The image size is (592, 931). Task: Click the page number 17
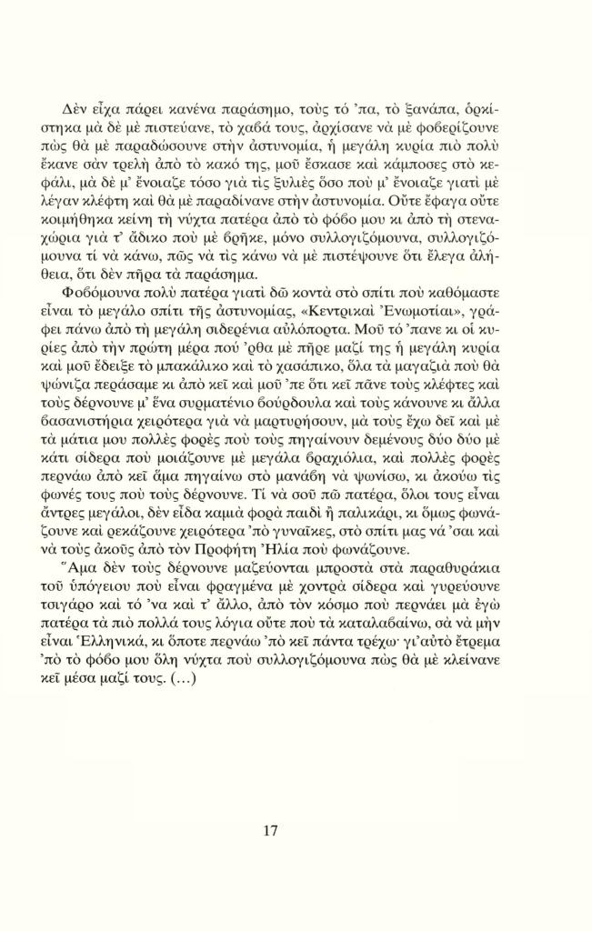click(x=269, y=829)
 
